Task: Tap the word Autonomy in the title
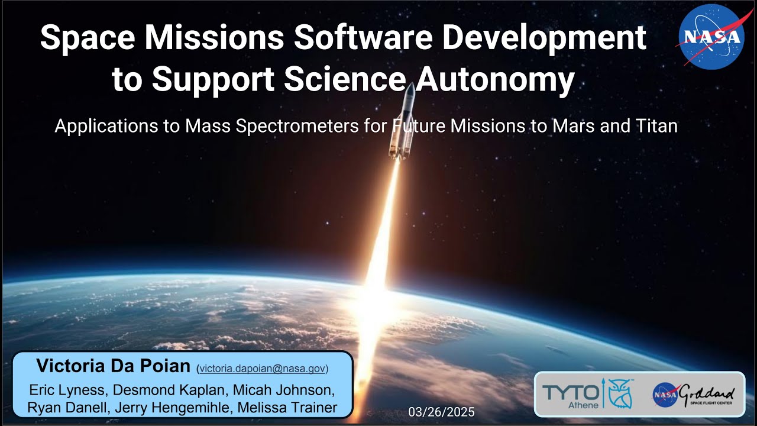tap(494, 80)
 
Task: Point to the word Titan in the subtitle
tap(658, 126)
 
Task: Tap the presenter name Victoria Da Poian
tap(113, 366)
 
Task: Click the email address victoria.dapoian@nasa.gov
tap(262, 369)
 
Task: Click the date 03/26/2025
tap(441, 412)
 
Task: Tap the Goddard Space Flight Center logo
tap(694, 395)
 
